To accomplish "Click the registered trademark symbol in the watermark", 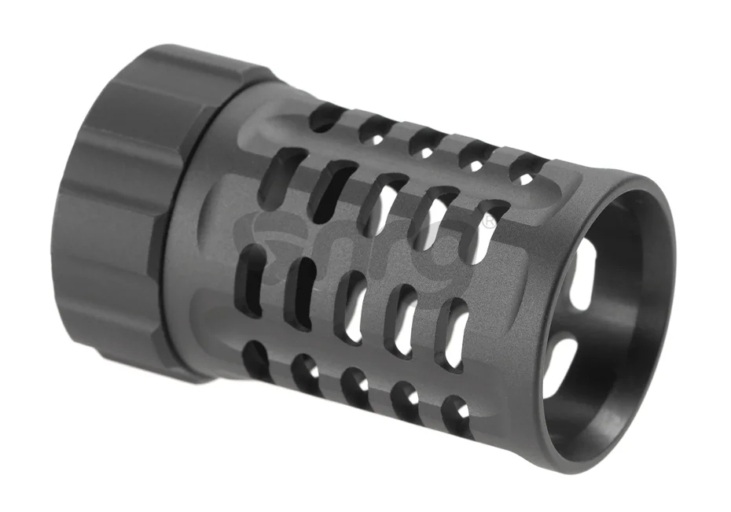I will pos(490,223).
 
